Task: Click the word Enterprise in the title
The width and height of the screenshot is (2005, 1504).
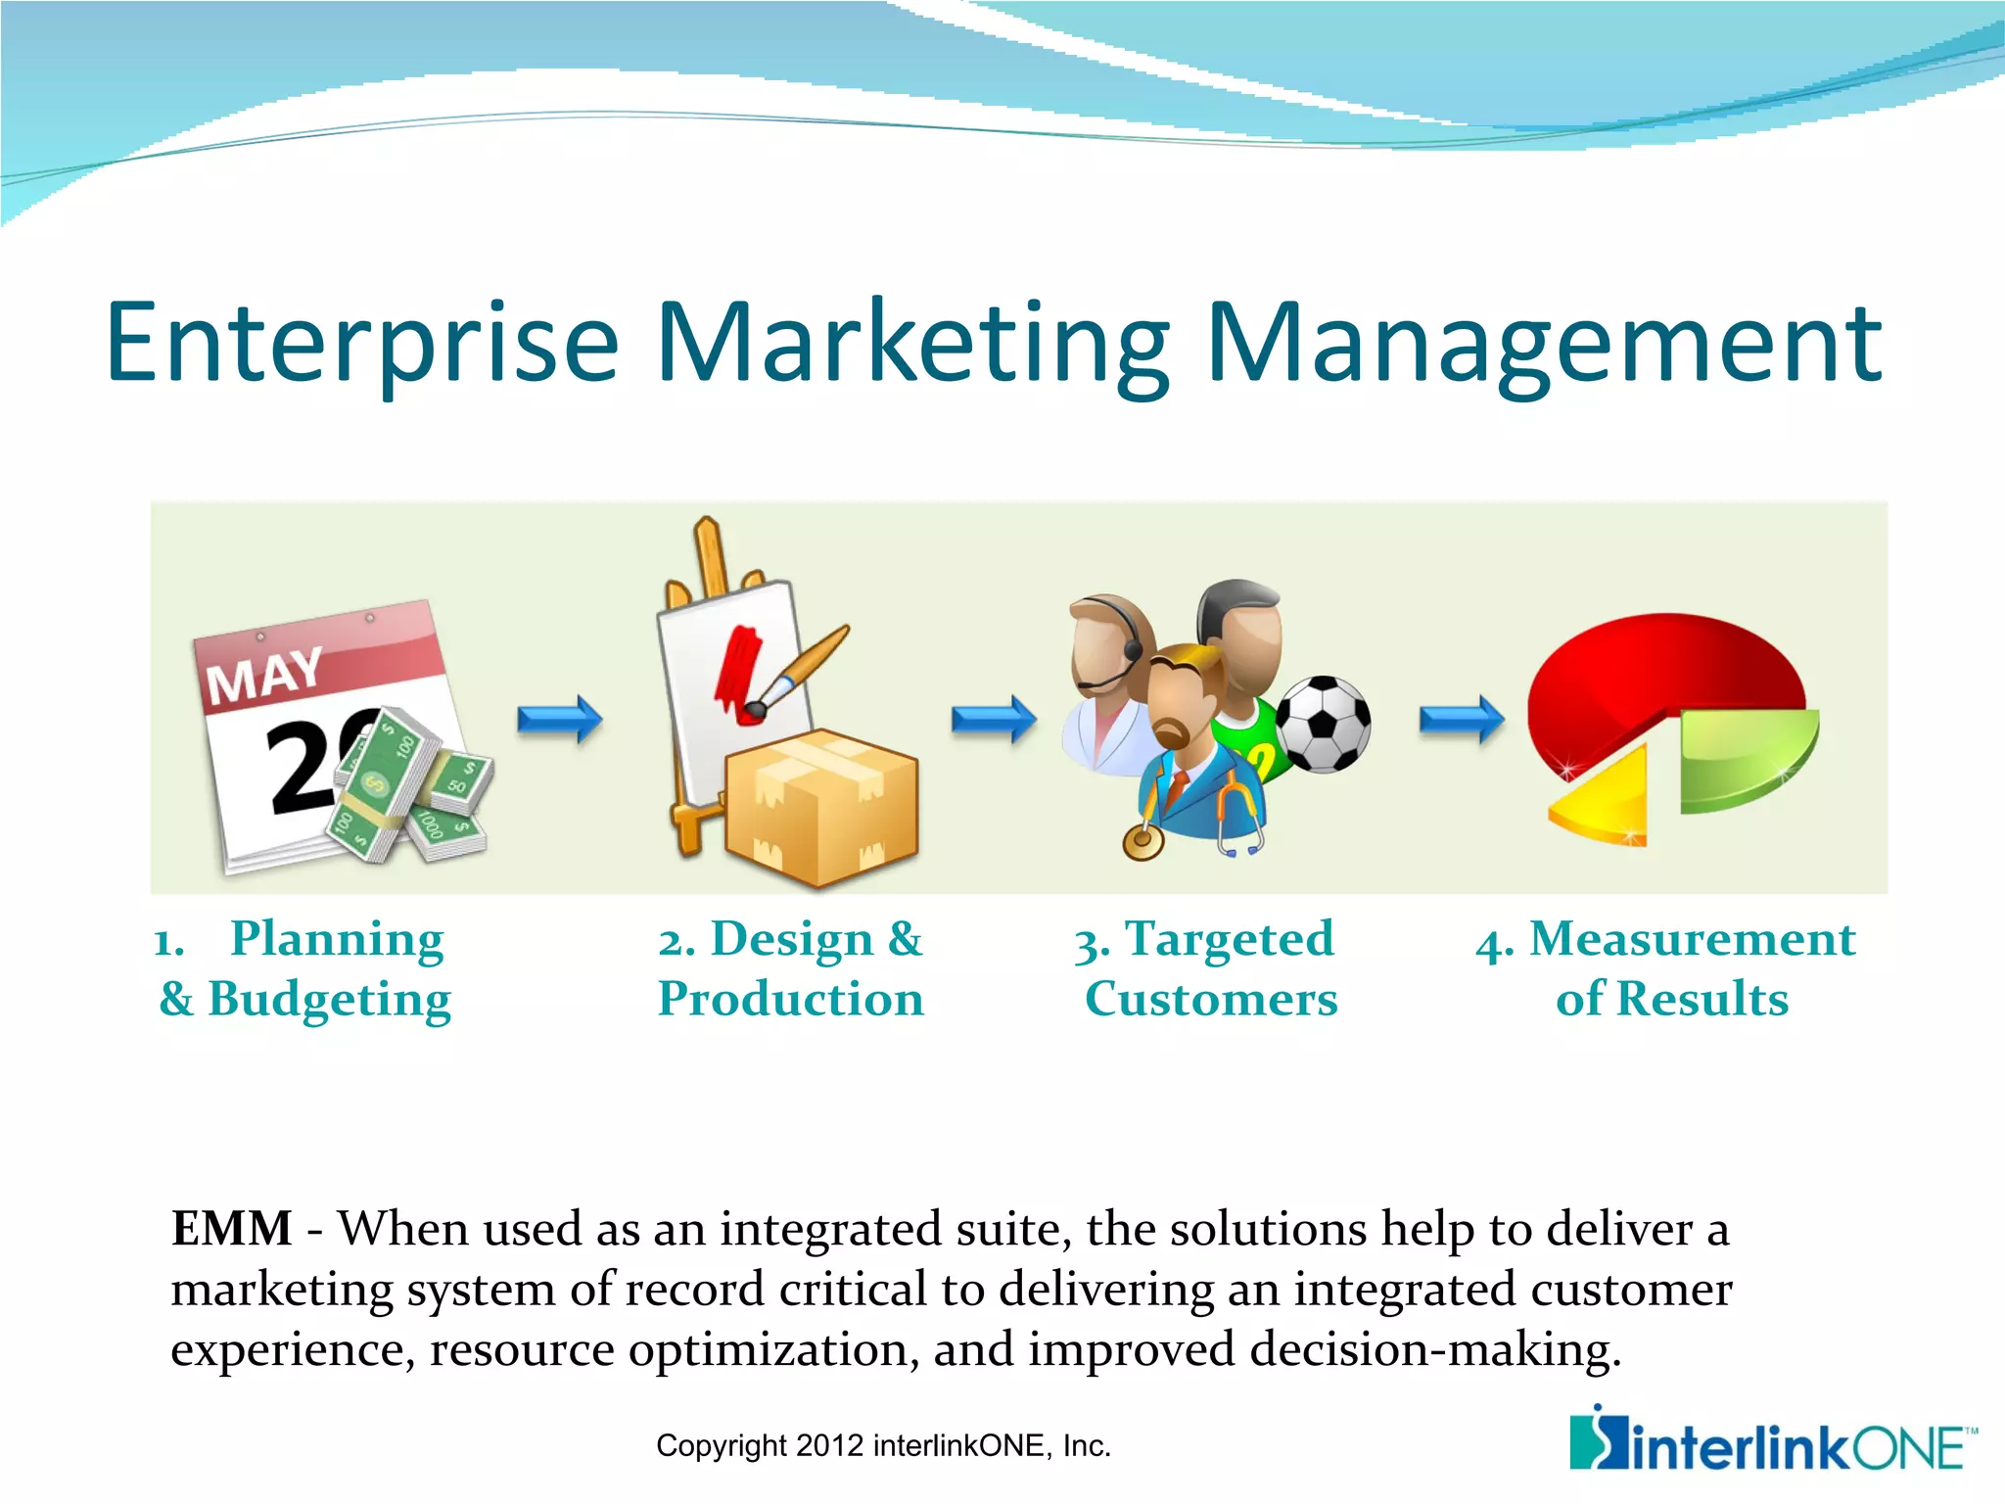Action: coord(362,343)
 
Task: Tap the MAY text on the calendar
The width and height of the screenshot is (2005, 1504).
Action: coord(264,676)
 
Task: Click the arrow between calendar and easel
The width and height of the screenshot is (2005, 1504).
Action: coord(560,720)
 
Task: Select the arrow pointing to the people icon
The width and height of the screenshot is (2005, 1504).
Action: coord(994,720)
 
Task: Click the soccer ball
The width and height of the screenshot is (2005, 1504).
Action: coord(1324,725)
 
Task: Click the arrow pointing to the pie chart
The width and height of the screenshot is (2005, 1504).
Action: coord(1462,720)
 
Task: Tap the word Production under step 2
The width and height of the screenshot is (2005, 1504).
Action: coord(791,999)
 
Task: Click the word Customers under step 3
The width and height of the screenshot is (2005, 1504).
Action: coord(1211,999)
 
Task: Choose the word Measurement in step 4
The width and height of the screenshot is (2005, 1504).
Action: coord(1692,939)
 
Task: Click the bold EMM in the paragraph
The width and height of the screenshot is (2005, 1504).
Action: coord(231,1228)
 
